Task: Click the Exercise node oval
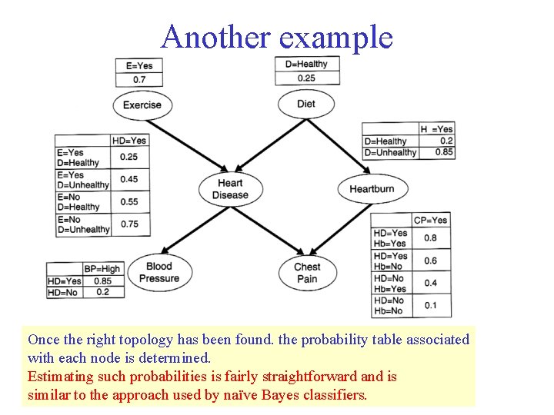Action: [x=142, y=105]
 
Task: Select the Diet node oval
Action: [x=305, y=105]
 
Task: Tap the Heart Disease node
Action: [x=230, y=189]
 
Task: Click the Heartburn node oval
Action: [x=371, y=189]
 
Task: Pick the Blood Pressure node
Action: [x=159, y=273]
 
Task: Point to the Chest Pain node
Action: [x=306, y=273]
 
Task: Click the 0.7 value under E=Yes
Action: [x=138, y=79]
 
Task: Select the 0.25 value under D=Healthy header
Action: [x=305, y=78]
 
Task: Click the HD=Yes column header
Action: [x=128, y=141]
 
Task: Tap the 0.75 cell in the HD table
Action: [x=128, y=224]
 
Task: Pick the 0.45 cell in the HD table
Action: [x=128, y=180]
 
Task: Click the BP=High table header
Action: [x=102, y=269]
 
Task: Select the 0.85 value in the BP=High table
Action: [x=102, y=281]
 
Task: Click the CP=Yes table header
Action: [x=430, y=221]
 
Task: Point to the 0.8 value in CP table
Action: [x=430, y=238]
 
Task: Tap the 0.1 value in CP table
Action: [x=430, y=306]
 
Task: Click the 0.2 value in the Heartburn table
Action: [x=446, y=141]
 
